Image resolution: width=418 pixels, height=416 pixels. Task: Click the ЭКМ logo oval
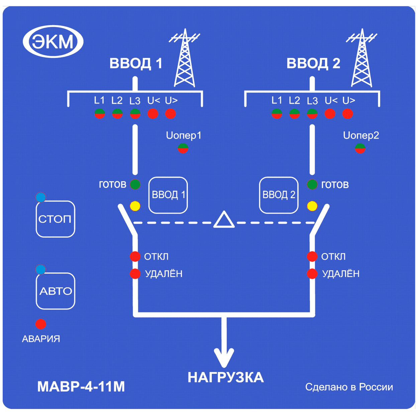tap(53, 41)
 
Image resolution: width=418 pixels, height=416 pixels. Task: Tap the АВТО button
tap(56, 291)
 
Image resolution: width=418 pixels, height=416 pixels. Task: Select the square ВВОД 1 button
tap(168, 195)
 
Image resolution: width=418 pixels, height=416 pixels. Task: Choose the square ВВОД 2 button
tap(279, 195)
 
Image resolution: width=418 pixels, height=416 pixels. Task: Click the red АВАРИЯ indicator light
tap(41, 324)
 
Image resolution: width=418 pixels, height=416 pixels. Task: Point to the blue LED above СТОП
tap(41, 197)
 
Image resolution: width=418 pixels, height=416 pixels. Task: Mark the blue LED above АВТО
tap(41, 269)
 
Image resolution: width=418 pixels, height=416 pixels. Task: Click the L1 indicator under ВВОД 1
tap(100, 114)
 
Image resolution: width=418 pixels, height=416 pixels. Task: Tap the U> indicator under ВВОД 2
tap(347, 114)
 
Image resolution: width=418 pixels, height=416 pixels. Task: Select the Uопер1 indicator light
tap(183, 148)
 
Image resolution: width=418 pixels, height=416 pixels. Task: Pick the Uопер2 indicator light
tap(360, 148)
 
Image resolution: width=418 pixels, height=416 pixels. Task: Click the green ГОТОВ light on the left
tap(135, 184)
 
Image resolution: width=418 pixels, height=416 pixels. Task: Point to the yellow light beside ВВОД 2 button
tap(312, 206)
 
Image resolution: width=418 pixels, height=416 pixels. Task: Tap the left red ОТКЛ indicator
tap(135, 257)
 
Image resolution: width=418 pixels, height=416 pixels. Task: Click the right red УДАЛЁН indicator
tap(312, 274)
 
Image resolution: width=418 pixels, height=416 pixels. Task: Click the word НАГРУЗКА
tap(226, 377)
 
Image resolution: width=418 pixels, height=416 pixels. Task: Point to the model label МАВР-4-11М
tap(81, 387)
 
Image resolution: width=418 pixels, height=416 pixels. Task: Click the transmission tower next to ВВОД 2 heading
tap(361, 58)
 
